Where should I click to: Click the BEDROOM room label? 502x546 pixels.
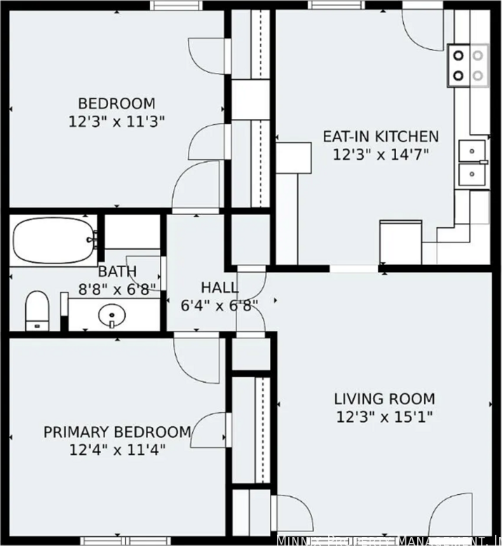point(116,103)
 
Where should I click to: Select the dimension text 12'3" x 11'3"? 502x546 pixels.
point(116,121)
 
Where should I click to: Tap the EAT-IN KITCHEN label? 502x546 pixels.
point(380,136)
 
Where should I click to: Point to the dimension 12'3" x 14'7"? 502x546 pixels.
point(380,154)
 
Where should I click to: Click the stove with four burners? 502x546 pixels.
point(468,64)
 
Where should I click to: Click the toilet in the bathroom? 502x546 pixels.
point(36,310)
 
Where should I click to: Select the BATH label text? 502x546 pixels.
point(117,271)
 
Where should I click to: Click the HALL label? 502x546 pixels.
point(219,287)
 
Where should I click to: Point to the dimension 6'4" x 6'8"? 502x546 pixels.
point(219,305)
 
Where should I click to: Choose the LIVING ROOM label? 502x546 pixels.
point(384,399)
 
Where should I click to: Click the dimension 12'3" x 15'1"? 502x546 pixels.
point(384,417)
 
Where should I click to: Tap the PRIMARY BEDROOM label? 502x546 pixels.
point(117,432)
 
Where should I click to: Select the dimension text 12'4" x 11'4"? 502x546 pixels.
point(117,450)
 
